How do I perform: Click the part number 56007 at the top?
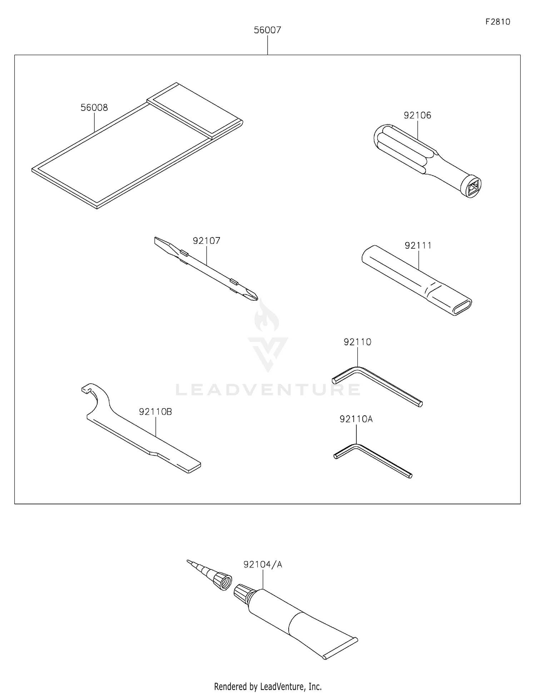point(267,30)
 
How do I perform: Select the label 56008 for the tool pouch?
point(94,108)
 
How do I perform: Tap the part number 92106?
point(417,115)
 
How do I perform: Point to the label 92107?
point(207,241)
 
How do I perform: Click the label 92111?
point(418,245)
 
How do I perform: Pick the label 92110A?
point(356,419)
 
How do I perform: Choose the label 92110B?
point(155,412)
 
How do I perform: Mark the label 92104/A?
point(263,565)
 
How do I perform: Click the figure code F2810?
point(498,22)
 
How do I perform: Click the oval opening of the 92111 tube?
point(462,307)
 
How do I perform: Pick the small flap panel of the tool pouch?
point(195,110)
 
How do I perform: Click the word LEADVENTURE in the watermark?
point(268,389)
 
